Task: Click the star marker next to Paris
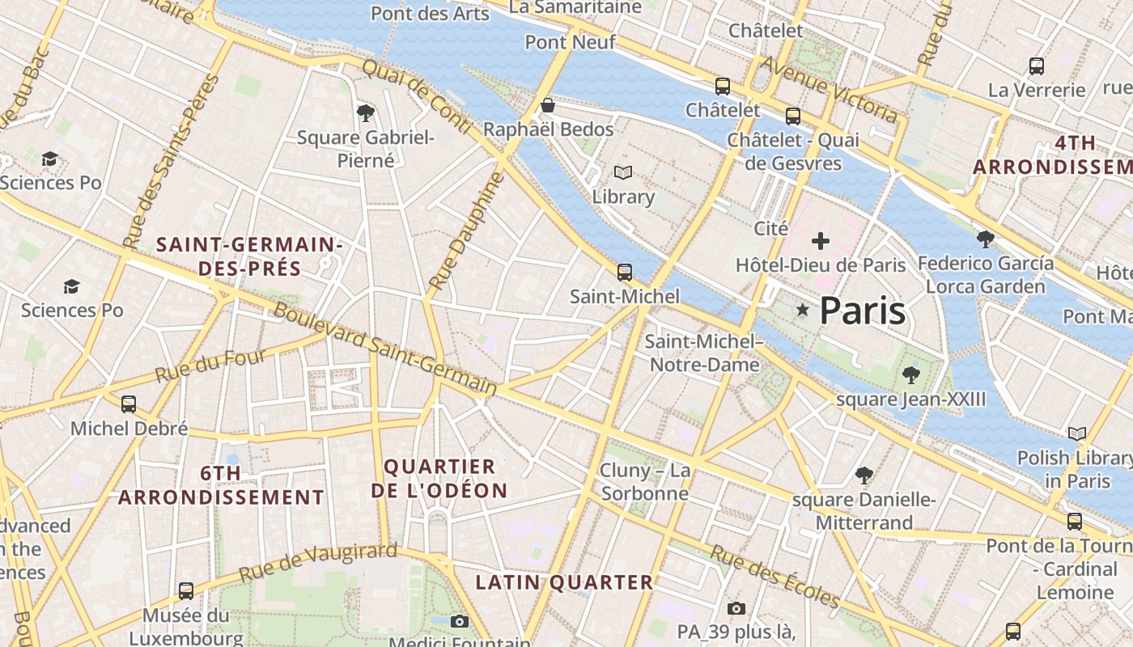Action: (802, 310)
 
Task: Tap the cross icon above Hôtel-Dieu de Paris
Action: (821, 241)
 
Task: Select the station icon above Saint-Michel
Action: (624, 273)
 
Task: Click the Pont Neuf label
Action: (570, 42)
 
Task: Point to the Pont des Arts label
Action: (430, 13)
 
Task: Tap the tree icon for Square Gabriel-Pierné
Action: (365, 112)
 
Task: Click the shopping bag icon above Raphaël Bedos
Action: (548, 105)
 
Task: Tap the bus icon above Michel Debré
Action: (129, 404)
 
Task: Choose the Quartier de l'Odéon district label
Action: (439, 478)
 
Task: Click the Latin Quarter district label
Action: (564, 582)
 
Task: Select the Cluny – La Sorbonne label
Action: (644, 482)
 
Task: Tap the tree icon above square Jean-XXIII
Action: (911, 374)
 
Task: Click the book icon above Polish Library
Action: (1076, 434)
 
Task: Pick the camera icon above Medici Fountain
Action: (460, 621)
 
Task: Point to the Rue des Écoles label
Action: (775, 576)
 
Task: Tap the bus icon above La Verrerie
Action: (1036, 66)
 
